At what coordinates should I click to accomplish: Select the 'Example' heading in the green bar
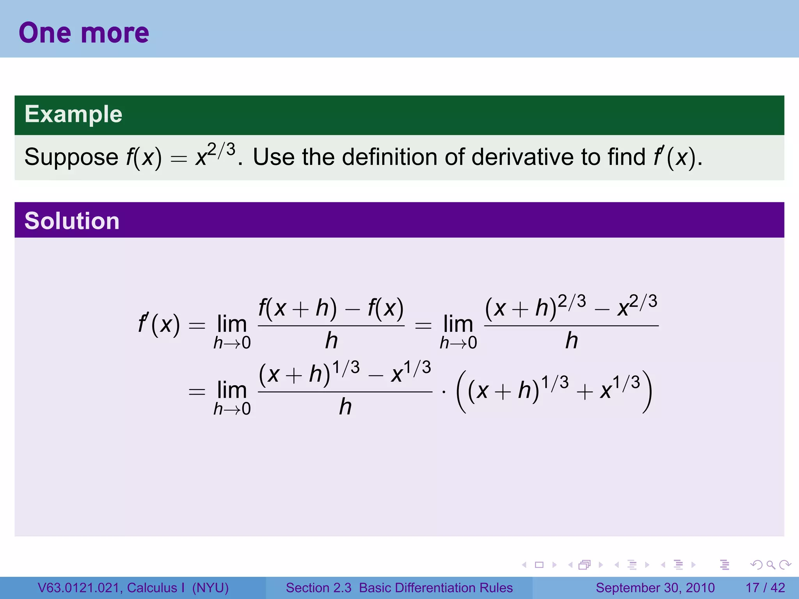[x=73, y=114]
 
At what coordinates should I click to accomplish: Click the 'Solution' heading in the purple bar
[x=72, y=221]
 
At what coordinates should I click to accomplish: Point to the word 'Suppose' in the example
[x=71, y=158]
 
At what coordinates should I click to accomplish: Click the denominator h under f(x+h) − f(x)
[x=331, y=340]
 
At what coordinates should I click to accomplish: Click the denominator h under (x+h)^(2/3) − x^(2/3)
[x=572, y=340]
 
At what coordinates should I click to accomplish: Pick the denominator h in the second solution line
[x=345, y=407]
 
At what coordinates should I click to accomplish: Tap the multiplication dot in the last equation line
[x=444, y=392]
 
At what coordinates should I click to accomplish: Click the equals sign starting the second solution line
[x=197, y=392]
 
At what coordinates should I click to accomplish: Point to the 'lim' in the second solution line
[x=232, y=390]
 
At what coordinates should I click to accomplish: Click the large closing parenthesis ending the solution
[x=647, y=392]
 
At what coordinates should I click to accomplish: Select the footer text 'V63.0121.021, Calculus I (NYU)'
[x=133, y=588]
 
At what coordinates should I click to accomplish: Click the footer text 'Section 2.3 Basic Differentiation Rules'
[x=399, y=588]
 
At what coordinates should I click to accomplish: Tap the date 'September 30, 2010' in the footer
[x=655, y=588]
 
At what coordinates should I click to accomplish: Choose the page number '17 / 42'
[x=765, y=588]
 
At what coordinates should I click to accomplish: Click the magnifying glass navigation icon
[x=771, y=565]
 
